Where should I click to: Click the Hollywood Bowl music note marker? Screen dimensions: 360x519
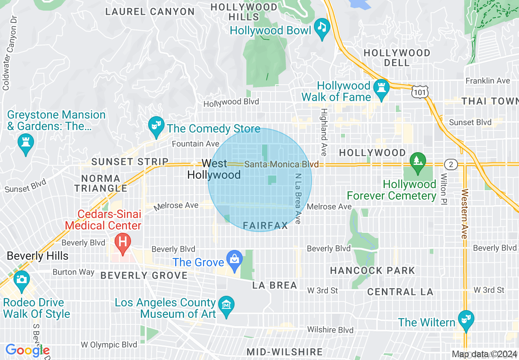tap(322, 28)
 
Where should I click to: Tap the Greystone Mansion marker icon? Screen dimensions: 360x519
tap(25, 144)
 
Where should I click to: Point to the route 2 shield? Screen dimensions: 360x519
tap(451, 164)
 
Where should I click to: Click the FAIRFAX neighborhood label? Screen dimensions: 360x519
tap(265, 225)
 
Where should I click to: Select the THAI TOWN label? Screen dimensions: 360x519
tap(490, 101)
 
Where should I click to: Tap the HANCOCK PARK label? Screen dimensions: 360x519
tap(372, 270)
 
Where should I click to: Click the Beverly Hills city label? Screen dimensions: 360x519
tap(37, 256)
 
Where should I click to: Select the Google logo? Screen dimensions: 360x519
tap(27, 351)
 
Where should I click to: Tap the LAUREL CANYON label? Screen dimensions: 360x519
tap(150, 11)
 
